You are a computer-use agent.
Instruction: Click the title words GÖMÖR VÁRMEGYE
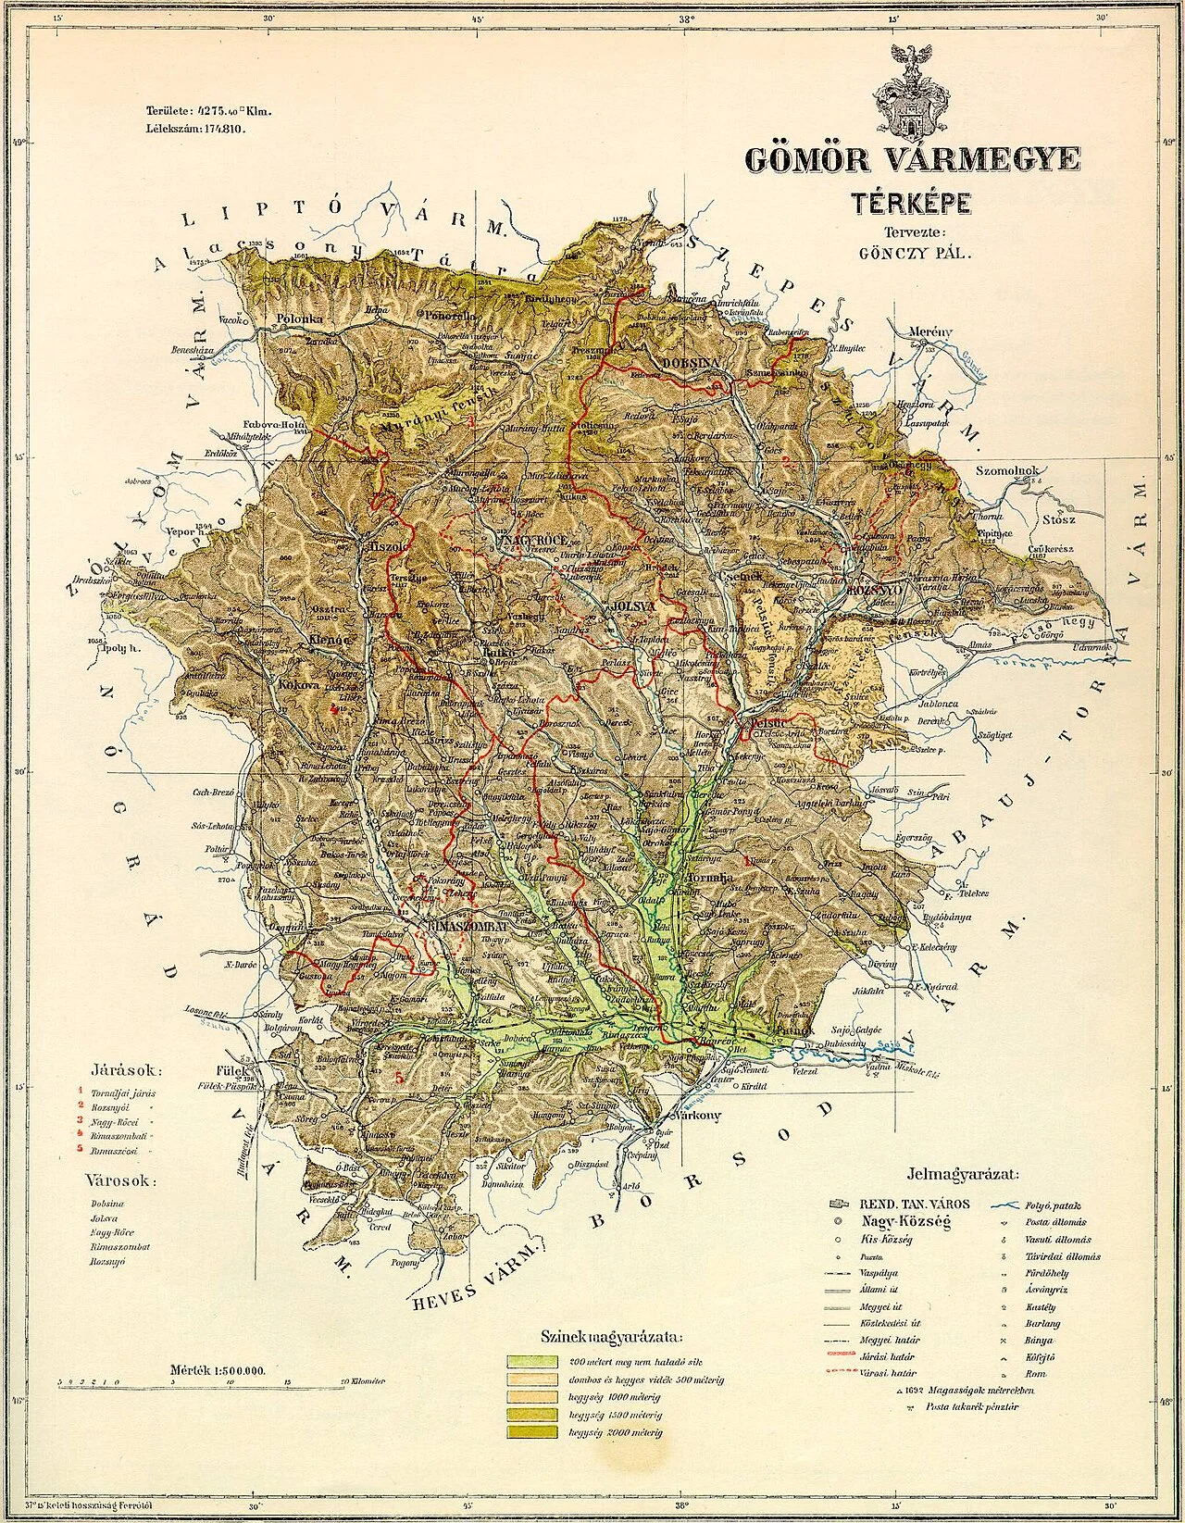coord(910,159)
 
